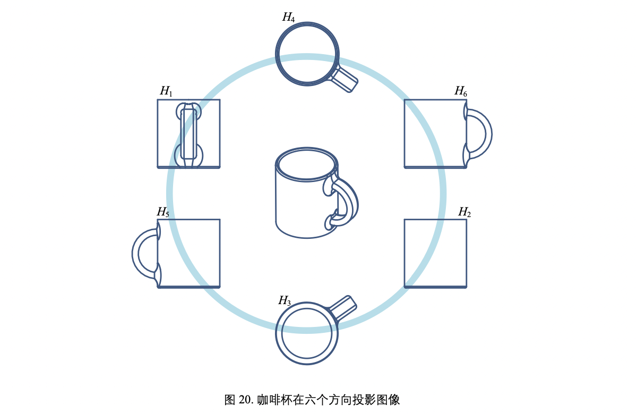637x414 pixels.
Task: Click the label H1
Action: click(x=166, y=91)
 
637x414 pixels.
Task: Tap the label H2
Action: click(x=464, y=212)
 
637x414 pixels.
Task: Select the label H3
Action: click(x=285, y=301)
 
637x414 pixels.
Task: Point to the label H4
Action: click(x=288, y=17)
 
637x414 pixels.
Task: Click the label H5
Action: click(x=162, y=212)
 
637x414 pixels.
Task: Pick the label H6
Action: click(x=460, y=91)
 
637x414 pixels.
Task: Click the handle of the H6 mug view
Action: click(x=487, y=133)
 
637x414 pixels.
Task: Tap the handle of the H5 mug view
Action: click(x=136, y=253)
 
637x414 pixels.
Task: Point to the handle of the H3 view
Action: click(x=343, y=308)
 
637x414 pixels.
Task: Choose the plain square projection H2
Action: click(x=435, y=253)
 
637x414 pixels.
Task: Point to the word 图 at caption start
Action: click(x=230, y=400)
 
